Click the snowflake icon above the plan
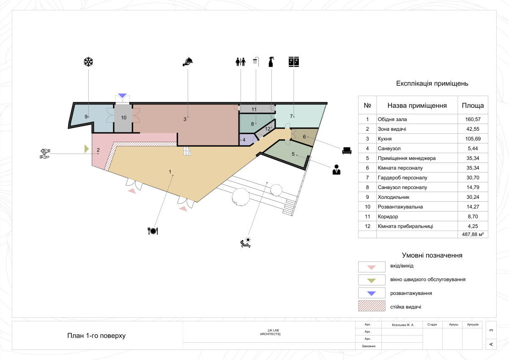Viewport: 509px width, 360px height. click(88, 62)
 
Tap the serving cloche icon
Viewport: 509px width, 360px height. click(188, 62)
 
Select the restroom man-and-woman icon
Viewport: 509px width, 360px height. click(240, 62)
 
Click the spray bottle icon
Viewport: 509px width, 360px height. click(271, 62)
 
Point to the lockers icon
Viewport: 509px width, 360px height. click(293, 62)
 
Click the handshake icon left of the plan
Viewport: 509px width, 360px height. click(44, 154)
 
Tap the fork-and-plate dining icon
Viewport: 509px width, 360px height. click(153, 231)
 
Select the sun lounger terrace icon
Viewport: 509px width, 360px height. click(245, 242)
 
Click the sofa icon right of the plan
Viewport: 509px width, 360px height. click(347, 150)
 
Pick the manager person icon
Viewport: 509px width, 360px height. click(337, 169)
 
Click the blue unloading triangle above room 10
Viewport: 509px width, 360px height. click(123, 96)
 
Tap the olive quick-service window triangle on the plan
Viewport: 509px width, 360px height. click(86, 148)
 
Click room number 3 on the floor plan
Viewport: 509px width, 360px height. click(185, 119)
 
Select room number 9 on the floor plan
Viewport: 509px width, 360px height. click(86, 116)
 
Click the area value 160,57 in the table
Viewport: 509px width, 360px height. click(473, 119)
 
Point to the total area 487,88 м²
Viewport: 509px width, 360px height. click(473, 234)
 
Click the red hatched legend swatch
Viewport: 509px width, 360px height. click(372, 306)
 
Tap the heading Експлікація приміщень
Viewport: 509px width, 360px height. click(432, 83)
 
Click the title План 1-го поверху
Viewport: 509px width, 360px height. click(96, 336)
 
